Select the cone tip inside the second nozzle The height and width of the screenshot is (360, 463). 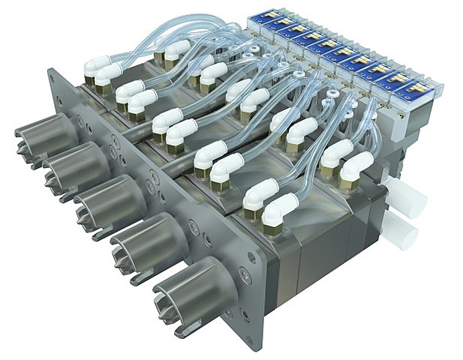(x=53, y=174)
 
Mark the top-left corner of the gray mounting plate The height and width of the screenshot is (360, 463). (x=51, y=71)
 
